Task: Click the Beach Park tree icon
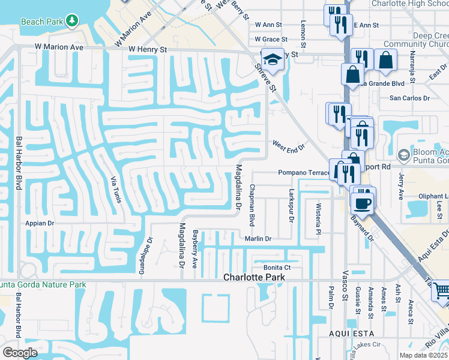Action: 72,21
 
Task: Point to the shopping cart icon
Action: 442,292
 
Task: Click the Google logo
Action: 20,353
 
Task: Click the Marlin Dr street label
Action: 258,238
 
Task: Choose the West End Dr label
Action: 289,145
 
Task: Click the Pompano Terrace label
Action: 303,173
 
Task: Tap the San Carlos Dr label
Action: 410,98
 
